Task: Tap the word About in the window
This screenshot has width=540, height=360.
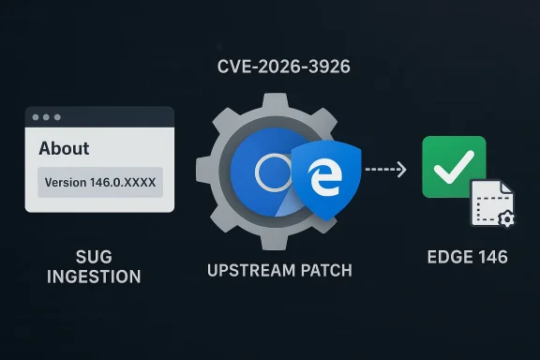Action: click(64, 148)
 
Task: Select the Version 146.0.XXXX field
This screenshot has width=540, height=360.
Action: click(99, 181)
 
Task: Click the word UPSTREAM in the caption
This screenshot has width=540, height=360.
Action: click(240, 270)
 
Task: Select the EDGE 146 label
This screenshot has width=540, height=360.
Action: click(466, 256)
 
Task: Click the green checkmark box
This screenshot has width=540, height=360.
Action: click(454, 167)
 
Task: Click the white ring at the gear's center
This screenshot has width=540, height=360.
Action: click(275, 173)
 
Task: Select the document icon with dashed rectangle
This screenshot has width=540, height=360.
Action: click(489, 203)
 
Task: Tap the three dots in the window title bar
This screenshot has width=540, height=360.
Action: click(44, 118)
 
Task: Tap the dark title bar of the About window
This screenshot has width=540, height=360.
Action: click(112, 118)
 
